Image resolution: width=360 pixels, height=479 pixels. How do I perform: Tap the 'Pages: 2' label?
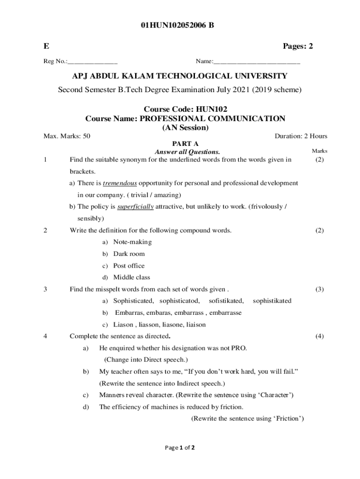coord(297,46)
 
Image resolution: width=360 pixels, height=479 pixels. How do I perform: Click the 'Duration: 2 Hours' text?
coord(301,136)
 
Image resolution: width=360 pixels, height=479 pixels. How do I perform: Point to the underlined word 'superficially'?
coord(135,207)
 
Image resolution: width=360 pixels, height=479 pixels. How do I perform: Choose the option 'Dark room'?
coord(129,254)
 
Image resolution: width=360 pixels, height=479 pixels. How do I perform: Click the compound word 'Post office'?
coord(129,266)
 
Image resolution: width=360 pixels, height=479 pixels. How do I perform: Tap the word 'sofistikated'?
coord(226,301)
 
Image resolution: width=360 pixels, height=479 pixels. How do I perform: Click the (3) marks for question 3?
coord(319,289)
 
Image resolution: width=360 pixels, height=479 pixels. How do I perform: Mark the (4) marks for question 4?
coord(319,336)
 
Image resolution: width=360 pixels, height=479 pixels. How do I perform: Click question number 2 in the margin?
coord(45,230)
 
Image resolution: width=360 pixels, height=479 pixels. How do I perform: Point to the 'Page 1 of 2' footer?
coord(180,447)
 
